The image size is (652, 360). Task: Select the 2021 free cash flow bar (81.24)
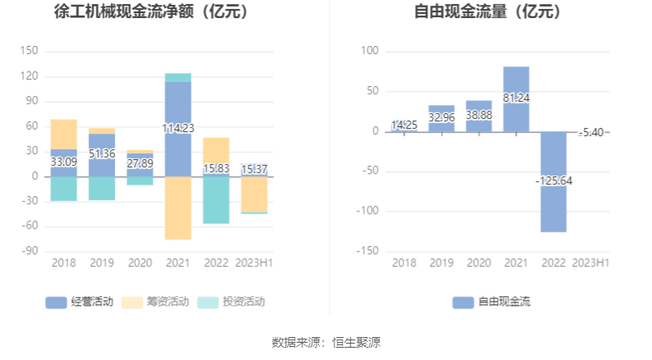(516, 98)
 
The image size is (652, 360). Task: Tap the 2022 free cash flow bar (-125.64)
(554, 181)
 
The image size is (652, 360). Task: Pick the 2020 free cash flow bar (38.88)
(479, 116)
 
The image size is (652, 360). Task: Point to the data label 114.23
(178, 128)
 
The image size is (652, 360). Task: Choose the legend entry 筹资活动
(155, 302)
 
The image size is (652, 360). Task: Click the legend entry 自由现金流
(491, 302)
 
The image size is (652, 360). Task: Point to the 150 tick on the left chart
(29, 51)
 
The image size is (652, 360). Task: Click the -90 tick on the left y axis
(29, 251)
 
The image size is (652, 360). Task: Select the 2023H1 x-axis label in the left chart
(254, 263)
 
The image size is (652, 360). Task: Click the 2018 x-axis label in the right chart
(404, 263)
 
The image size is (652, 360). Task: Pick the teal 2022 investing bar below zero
(216, 199)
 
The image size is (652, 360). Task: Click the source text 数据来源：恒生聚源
(326, 342)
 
